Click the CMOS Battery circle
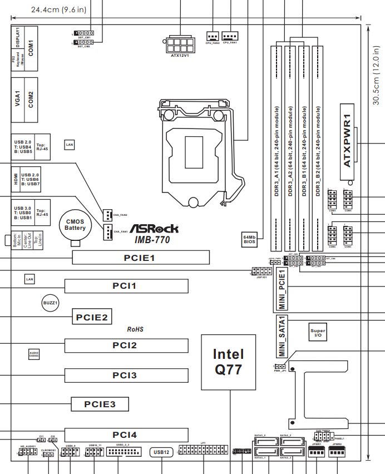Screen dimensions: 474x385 (x=75, y=225)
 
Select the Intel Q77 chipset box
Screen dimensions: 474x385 (x=228, y=362)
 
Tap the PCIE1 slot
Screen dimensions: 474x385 (x=141, y=258)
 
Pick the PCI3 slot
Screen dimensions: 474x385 (x=125, y=376)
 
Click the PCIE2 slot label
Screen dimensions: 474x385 (x=92, y=318)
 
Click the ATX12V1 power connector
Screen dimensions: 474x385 (x=180, y=44)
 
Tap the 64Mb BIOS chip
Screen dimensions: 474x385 (x=249, y=239)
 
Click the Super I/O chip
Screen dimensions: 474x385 (x=318, y=333)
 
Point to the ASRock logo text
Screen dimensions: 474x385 (x=154, y=229)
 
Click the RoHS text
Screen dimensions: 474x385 (x=135, y=329)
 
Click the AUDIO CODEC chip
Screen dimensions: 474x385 (x=34, y=353)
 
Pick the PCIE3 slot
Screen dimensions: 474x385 (x=100, y=404)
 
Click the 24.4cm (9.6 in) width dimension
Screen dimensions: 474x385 (x=58, y=9)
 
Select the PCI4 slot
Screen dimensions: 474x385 (x=125, y=434)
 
